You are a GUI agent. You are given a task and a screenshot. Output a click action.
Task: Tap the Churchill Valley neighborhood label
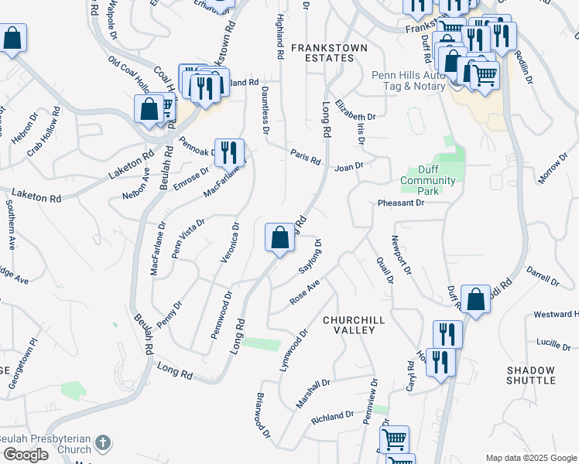[x=348, y=325]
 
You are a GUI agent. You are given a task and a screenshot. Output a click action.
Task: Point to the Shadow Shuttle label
[x=531, y=375]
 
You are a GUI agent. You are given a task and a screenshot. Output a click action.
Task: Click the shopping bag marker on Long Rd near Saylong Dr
[x=279, y=237]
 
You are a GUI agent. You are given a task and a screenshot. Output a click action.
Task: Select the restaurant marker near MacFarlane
[x=228, y=152]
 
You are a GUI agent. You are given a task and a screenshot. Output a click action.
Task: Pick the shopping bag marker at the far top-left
[x=13, y=38]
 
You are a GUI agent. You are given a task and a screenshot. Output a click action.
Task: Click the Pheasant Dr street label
[x=401, y=203]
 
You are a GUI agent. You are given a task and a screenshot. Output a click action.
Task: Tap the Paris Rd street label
[x=306, y=156]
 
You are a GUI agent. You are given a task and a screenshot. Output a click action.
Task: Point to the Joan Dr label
[x=348, y=166]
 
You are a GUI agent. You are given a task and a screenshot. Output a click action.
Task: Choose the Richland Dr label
[x=332, y=417]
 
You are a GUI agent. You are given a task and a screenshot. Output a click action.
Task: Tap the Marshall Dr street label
[x=313, y=394]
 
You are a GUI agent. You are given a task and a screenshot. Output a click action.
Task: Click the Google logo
[x=26, y=455]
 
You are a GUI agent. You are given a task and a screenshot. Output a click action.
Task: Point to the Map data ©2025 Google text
[x=531, y=458]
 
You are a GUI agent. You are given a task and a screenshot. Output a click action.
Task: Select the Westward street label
[x=556, y=315]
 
